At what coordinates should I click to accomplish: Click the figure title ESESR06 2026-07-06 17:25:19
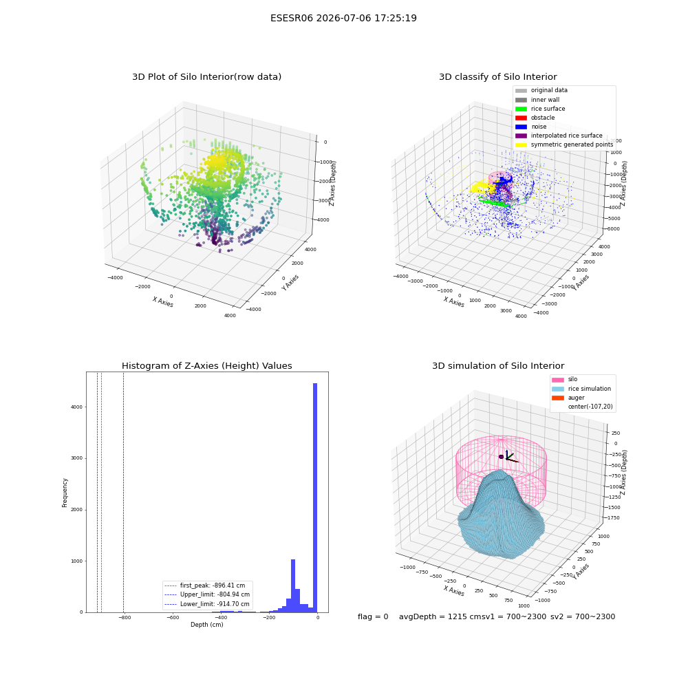(x=343, y=18)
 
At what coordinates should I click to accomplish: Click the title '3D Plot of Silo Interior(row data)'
(x=206, y=77)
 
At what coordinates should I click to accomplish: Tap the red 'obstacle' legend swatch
(x=521, y=118)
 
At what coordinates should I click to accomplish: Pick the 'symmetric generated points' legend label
(x=572, y=144)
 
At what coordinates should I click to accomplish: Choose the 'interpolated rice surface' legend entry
(x=559, y=136)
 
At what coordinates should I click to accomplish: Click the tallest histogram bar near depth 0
(x=315, y=497)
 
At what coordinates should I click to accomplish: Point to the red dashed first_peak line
(x=101, y=493)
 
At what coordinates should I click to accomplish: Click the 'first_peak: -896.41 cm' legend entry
(x=204, y=585)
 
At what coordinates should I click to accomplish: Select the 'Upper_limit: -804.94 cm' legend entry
(x=206, y=594)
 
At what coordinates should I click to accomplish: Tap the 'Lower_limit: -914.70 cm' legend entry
(x=206, y=604)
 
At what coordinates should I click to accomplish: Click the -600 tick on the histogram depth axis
(x=173, y=618)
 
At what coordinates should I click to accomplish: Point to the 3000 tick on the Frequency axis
(x=77, y=458)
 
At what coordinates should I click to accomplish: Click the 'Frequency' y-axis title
(x=65, y=493)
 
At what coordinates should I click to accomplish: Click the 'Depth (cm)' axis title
(x=207, y=625)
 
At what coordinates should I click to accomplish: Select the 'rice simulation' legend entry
(x=581, y=389)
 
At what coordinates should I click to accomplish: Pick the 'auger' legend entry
(x=568, y=398)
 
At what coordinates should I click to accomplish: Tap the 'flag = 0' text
(x=373, y=616)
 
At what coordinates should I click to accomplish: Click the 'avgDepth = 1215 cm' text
(x=440, y=616)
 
